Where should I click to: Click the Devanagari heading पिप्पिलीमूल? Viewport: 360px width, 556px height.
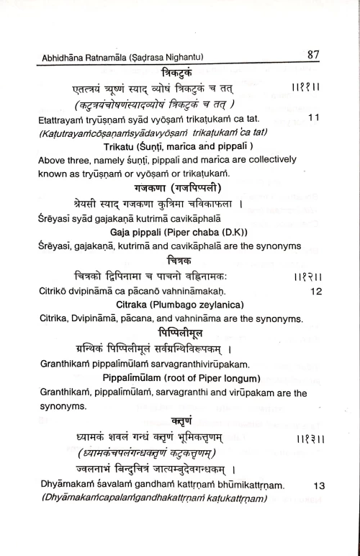coord(181,331)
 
